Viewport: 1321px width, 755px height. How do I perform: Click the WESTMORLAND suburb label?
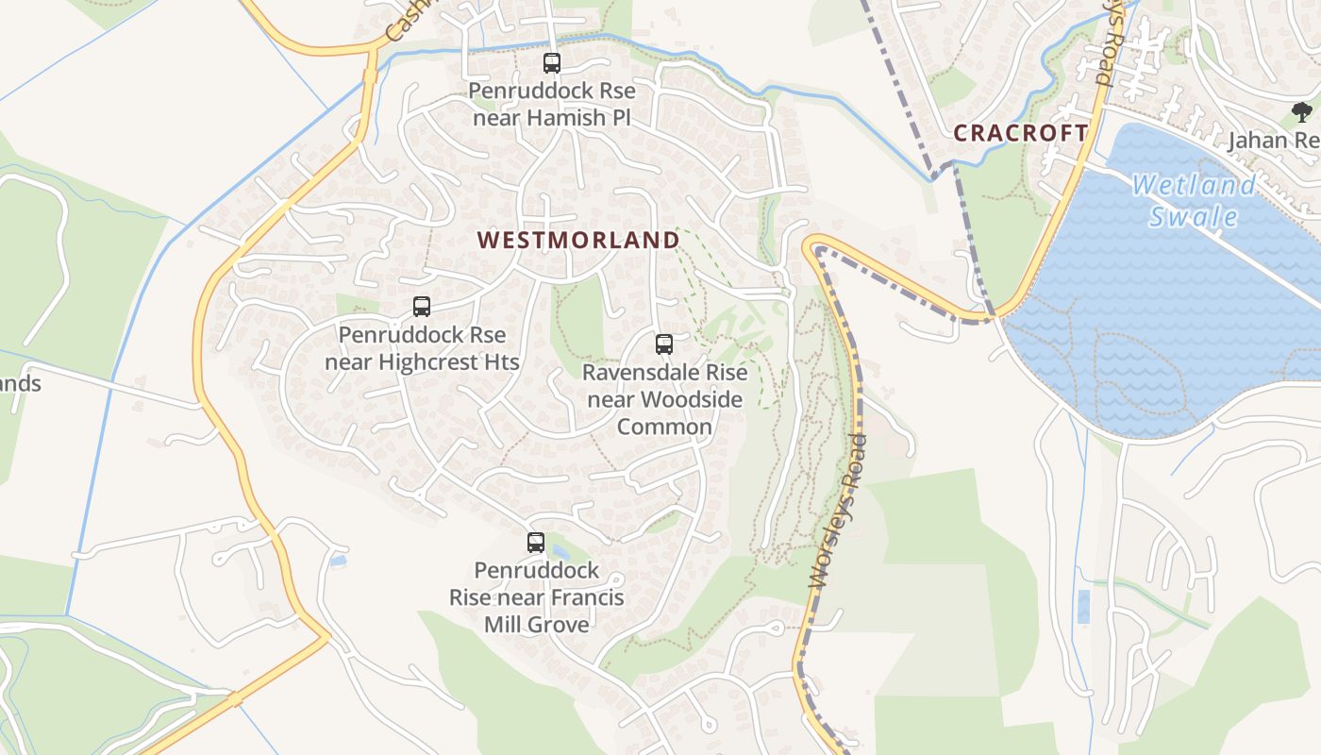click(578, 240)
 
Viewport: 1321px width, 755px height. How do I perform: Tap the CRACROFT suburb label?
click(1020, 133)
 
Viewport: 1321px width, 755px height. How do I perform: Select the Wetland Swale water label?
click(1194, 200)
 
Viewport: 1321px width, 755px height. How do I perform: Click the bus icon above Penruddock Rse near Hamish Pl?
click(552, 63)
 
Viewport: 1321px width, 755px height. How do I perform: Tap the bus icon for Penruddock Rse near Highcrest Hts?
click(422, 307)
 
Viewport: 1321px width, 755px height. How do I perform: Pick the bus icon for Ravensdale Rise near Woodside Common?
click(664, 344)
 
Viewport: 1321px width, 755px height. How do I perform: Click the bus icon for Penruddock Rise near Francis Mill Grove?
click(536, 543)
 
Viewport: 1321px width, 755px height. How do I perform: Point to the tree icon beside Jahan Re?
click(1302, 112)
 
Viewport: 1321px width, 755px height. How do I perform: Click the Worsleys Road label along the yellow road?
click(838, 511)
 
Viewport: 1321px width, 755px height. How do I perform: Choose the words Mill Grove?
click(536, 624)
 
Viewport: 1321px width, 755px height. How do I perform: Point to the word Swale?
click(1194, 217)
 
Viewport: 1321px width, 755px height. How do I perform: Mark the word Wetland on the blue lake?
click(1194, 185)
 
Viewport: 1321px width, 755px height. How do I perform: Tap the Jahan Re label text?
click(1271, 141)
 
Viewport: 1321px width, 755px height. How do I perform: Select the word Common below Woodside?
click(664, 427)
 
